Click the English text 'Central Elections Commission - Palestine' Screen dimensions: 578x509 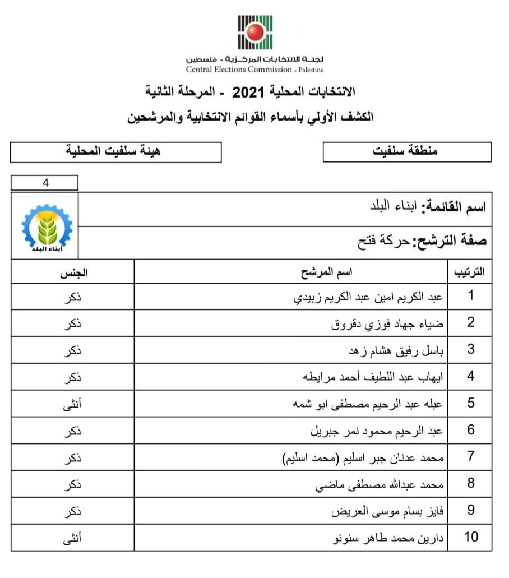pos(255,70)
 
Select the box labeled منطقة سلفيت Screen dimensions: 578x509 pos(406,151)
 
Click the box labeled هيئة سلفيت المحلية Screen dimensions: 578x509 pos(115,151)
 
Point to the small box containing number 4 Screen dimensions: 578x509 pos(45,183)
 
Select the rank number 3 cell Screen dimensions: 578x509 pos(471,350)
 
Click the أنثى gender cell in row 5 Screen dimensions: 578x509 pos(73,404)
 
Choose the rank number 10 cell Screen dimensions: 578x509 pos(471,537)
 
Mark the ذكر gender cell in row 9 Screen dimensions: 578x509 pos(73,511)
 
